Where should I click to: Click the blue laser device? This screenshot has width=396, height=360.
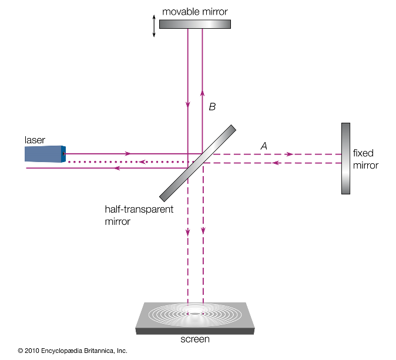[45, 154]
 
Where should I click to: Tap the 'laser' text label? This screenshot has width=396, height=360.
[35, 140]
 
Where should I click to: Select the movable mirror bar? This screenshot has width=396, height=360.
[195, 24]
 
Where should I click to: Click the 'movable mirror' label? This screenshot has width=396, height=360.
[194, 12]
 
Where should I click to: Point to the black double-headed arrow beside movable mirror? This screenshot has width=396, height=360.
[154, 26]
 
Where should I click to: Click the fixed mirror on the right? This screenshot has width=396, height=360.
[345, 159]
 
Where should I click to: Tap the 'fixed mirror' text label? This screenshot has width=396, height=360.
[365, 159]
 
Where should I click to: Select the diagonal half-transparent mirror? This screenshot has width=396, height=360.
[198, 163]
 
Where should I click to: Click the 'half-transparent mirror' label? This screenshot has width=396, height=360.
[139, 215]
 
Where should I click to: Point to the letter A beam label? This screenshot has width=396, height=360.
[264, 146]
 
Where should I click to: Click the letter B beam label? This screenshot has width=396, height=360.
[212, 107]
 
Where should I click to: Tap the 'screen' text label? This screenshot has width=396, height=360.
[195, 339]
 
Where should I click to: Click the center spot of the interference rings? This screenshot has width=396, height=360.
[195, 314]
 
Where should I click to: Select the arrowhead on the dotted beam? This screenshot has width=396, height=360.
[142, 162]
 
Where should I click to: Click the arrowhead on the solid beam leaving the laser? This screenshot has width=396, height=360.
[128, 153]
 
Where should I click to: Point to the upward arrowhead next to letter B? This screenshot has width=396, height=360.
[202, 93]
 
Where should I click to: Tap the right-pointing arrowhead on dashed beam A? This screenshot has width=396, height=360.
[290, 154]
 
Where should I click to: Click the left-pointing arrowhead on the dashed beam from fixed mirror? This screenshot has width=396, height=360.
[276, 163]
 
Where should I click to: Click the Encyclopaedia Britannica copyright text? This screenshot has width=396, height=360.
[72, 351]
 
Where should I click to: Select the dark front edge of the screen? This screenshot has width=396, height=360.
[195, 331]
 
